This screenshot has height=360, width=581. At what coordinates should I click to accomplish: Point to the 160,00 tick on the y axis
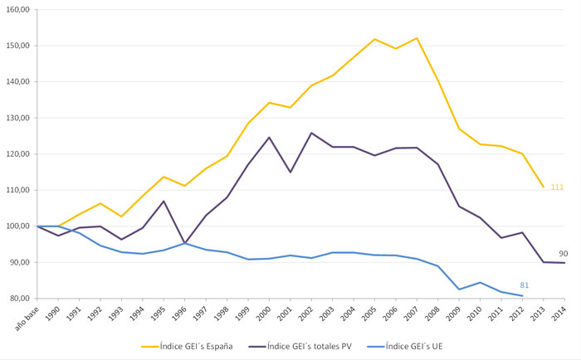click(x=19, y=10)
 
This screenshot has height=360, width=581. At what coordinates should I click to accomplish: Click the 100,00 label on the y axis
click(x=19, y=226)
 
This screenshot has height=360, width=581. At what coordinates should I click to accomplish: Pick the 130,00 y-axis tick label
click(x=19, y=118)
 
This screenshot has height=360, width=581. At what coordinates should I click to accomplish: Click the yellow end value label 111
click(x=557, y=187)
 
